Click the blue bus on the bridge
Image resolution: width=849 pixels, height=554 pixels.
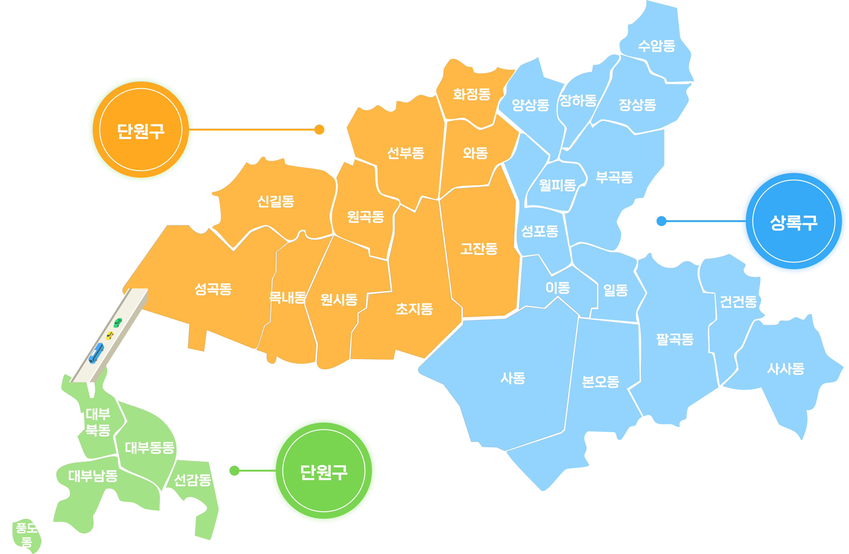[x=96, y=353]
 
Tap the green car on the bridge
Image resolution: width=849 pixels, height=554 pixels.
[x=118, y=322]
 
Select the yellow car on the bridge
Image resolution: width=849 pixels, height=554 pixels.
[x=110, y=335]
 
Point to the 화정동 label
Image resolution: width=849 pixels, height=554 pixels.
[x=472, y=94]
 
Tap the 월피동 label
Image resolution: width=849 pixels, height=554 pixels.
[x=557, y=185]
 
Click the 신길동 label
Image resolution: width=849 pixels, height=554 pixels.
[x=276, y=201]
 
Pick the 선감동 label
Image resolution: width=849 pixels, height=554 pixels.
[x=192, y=480]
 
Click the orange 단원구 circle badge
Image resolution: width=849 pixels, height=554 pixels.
[x=141, y=130]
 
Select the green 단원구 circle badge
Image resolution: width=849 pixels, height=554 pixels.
[x=324, y=471]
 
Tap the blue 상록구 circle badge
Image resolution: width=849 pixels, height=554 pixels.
[x=794, y=221]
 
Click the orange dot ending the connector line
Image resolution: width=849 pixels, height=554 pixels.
[x=319, y=130]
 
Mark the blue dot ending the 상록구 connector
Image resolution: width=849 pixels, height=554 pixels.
[x=661, y=221]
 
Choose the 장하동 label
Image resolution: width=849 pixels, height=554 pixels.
[x=578, y=101]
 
